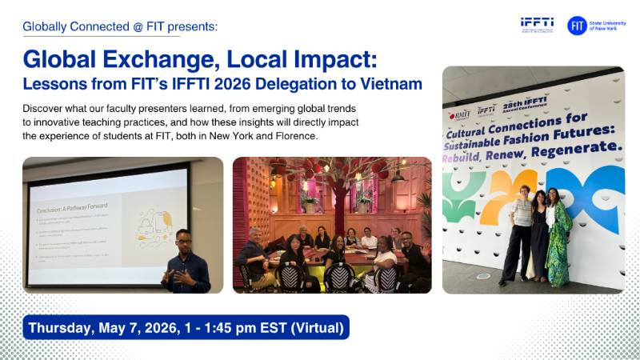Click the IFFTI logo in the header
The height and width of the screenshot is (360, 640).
pos(536,25)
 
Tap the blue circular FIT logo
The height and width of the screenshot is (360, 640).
pos(577,26)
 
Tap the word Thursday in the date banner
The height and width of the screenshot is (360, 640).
pos(62,327)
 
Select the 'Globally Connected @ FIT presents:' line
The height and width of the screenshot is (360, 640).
pos(120,26)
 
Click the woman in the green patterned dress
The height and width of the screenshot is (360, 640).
pos(558,235)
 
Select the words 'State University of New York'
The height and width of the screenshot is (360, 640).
pos(609,26)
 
